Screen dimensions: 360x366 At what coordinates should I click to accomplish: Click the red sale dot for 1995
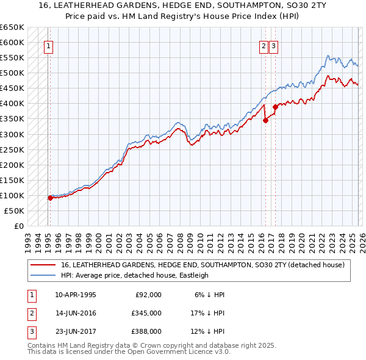pos(50,198)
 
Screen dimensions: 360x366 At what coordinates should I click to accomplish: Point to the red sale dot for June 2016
pos(265,120)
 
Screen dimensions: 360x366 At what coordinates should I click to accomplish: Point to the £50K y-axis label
pos(14,211)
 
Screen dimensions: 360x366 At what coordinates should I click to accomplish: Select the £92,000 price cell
pos(148,295)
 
